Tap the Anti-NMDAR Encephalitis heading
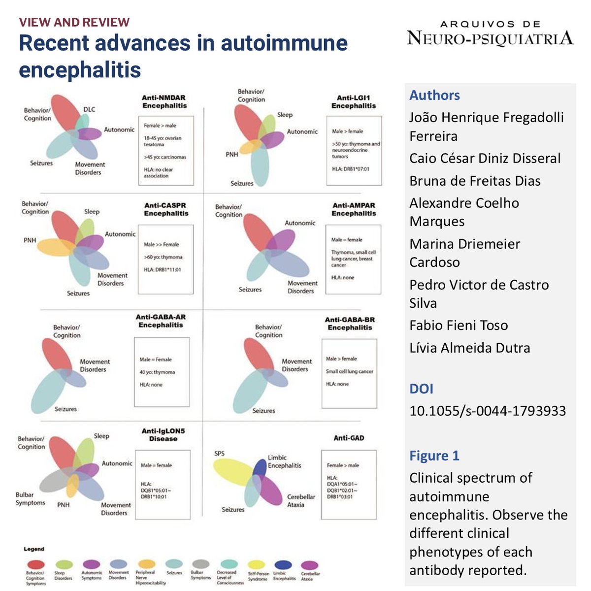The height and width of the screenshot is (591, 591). click(164, 101)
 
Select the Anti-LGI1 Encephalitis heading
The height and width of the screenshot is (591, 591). click(353, 102)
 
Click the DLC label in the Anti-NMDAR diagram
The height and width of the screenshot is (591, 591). click(89, 109)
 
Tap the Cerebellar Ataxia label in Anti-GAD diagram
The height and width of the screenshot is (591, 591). click(301, 500)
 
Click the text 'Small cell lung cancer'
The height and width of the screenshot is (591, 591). click(349, 371)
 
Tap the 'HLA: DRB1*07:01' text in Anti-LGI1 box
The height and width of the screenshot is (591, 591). click(350, 169)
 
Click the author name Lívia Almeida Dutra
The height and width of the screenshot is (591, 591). click(469, 348)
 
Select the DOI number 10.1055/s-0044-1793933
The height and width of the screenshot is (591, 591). click(487, 411)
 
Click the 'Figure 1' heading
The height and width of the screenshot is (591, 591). click(434, 456)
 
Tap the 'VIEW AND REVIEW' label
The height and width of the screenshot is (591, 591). click(74, 22)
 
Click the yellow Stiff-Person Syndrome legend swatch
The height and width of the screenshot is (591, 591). click(256, 564)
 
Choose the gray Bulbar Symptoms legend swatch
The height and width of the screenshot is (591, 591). click(200, 564)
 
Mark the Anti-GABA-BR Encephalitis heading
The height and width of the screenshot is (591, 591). click(350, 324)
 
